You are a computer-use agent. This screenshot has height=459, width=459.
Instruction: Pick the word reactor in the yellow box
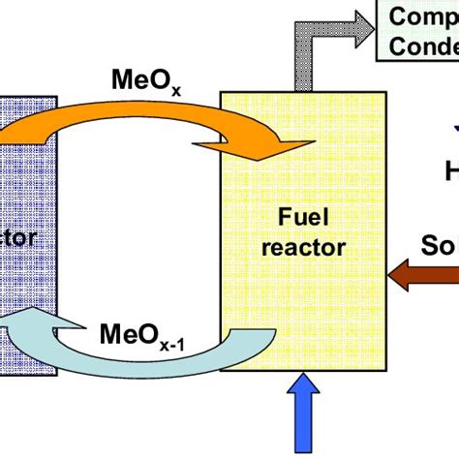(x=303, y=247)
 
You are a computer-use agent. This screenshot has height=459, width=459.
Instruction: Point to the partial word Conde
(x=423, y=46)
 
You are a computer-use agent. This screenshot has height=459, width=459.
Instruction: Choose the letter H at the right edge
(x=451, y=171)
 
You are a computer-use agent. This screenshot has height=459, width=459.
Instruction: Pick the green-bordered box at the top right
(x=420, y=31)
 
